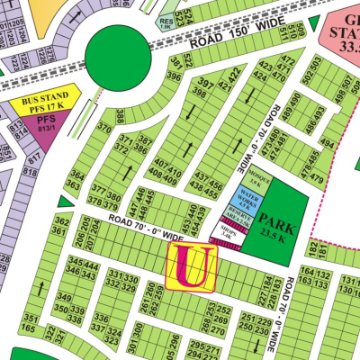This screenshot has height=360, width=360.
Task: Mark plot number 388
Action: click(121, 117)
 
